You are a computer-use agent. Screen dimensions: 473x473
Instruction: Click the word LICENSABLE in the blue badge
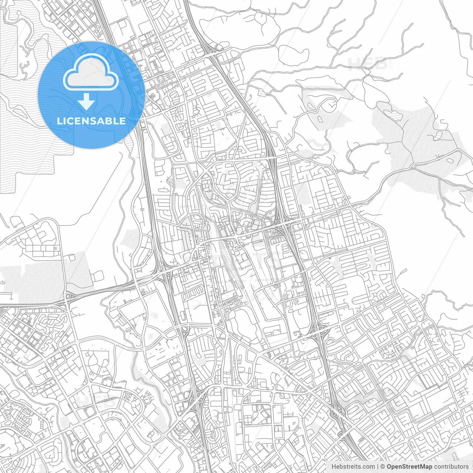click(91, 121)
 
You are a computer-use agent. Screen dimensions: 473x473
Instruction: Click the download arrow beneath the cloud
click(86, 101)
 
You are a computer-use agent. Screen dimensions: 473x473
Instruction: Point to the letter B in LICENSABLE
click(107, 121)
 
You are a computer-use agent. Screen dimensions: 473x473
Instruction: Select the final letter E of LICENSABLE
click(122, 121)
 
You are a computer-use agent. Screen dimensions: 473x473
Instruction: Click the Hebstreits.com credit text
click(353, 467)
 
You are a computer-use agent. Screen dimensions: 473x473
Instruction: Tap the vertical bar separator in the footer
click(377, 467)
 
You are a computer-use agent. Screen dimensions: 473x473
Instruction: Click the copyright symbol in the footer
click(383, 467)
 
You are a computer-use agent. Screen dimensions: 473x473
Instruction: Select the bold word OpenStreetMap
click(409, 467)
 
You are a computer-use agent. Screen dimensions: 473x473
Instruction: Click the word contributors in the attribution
click(451, 467)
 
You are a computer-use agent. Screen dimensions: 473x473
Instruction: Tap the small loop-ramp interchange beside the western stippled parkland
click(68, 296)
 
